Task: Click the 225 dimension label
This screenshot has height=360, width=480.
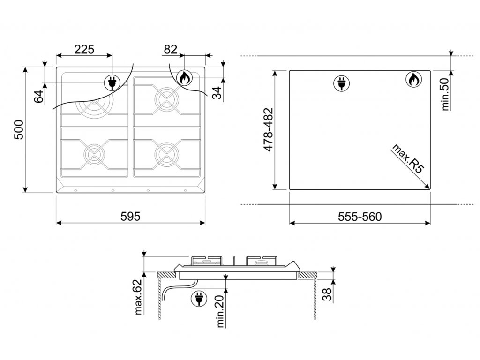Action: pyautogui.click(x=84, y=49)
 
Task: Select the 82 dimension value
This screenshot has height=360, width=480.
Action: pyautogui.click(x=171, y=49)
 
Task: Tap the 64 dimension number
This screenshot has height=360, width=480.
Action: pyautogui.click(x=39, y=97)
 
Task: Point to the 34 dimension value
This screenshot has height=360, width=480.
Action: pyautogui.click(x=217, y=93)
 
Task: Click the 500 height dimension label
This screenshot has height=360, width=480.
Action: pyautogui.click(x=19, y=130)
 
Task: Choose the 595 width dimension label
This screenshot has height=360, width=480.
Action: pyautogui.click(x=130, y=217)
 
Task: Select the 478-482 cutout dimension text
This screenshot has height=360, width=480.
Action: pyautogui.click(x=269, y=129)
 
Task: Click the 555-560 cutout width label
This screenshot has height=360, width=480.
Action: pyautogui.click(x=360, y=217)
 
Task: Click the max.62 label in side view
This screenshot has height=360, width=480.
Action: pyautogui.click(x=138, y=297)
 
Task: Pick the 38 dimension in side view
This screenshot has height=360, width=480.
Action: pyautogui.click(x=327, y=294)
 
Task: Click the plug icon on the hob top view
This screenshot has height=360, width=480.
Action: pyautogui.click(x=112, y=82)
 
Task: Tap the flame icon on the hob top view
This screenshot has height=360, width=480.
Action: pyautogui.click(x=184, y=78)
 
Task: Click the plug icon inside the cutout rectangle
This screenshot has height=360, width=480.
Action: pyautogui.click(x=341, y=83)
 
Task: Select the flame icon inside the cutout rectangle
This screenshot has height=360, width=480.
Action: pyautogui.click(x=413, y=80)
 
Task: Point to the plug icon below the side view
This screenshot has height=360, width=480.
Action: pyautogui.click(x=199, y=299)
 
